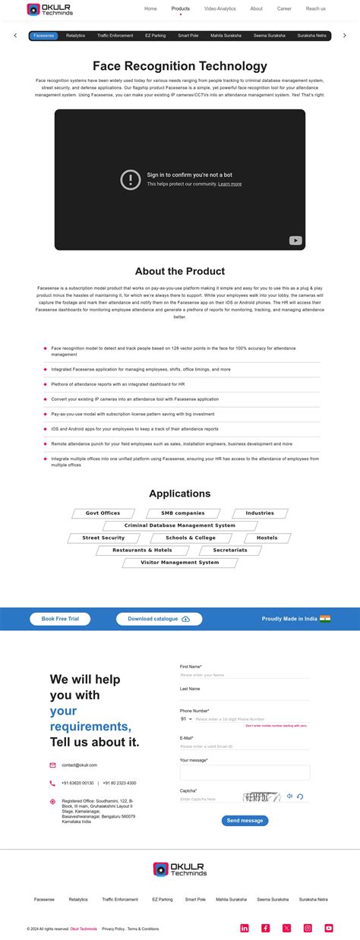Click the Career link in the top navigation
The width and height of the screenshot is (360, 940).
(x=284, y=9)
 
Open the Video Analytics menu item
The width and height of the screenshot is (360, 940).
(x=220, y=9)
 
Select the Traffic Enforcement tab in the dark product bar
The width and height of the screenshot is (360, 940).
(x=115, y=36)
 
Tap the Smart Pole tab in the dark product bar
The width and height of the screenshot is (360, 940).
(x=188, y=36)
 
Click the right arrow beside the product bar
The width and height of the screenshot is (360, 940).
(x=345, y=36)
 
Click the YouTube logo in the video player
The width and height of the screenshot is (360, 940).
(x=295, y=241)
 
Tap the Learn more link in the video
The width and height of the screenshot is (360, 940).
(x=229, y=184)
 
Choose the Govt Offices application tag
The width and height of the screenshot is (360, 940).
(x=103, y=513)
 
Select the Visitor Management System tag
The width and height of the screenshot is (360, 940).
(x=181, y=563)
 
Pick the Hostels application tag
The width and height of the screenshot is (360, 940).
(x=267, y=538)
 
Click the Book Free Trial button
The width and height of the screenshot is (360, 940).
(x=60, y=619)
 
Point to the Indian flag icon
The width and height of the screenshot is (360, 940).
(x=325, y=619)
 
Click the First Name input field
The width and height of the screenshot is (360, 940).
(x=245, y=674)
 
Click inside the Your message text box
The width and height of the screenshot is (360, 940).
(x=245, y=772)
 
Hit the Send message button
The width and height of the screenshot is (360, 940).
(x=245, y=820)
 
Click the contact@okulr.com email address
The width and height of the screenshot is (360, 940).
(x=80, y=765)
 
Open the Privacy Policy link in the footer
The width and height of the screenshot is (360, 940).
(x=113, y=929)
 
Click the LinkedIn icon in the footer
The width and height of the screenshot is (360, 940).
(x=245, y=928)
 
